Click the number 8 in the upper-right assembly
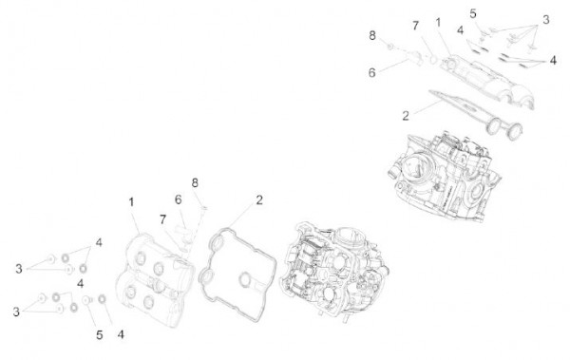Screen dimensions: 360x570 tap(372, 35)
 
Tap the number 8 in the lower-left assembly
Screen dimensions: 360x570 tap(195, 181)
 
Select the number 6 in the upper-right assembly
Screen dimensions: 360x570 tap(372, 71)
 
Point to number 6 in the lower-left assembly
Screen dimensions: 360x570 tap(177, 199)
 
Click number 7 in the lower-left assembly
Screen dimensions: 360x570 tap(162, 219)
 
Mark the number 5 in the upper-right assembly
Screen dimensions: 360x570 tap(473, 12)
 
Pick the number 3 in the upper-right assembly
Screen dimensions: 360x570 tap(546, 19)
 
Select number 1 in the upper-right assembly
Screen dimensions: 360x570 tap(438, 22)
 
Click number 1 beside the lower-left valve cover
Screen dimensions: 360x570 tap(131, 202)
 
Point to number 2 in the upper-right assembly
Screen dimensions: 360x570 tap(405, 115)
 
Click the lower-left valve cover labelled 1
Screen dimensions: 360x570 tap(152, 275)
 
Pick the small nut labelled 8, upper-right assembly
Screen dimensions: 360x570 tap(390, 45)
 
